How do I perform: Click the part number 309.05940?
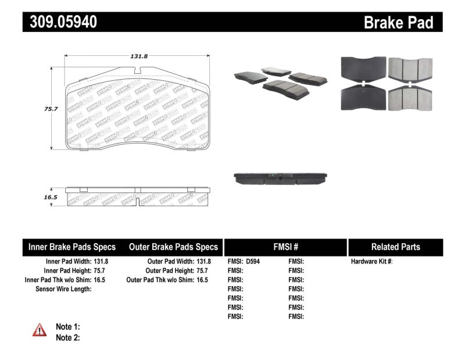click(x=60, y=22)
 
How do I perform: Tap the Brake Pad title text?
click(x=398, y=23)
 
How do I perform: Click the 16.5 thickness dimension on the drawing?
click(x=41, y=198)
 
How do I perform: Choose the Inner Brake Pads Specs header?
click(x=72, y=247)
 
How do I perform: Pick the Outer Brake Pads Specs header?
click(x=173, y=247)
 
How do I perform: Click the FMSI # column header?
click(x=285, y=247)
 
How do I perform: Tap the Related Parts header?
click(x=396, y=247)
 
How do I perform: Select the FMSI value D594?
click(x=253, y=262)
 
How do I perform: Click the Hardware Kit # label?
click(x=371, y=262)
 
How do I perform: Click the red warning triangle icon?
click(x=40, y=330)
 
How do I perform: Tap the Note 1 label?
click(x=67, y=327)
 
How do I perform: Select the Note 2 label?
click(x=67, y=337)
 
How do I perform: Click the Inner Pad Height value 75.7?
click(x=101, y=271)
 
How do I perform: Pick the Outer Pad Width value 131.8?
click(x=203, y=262)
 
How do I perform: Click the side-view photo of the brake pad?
click(x=280, y=178)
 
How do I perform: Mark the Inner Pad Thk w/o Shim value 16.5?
click(x=101, y=280)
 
